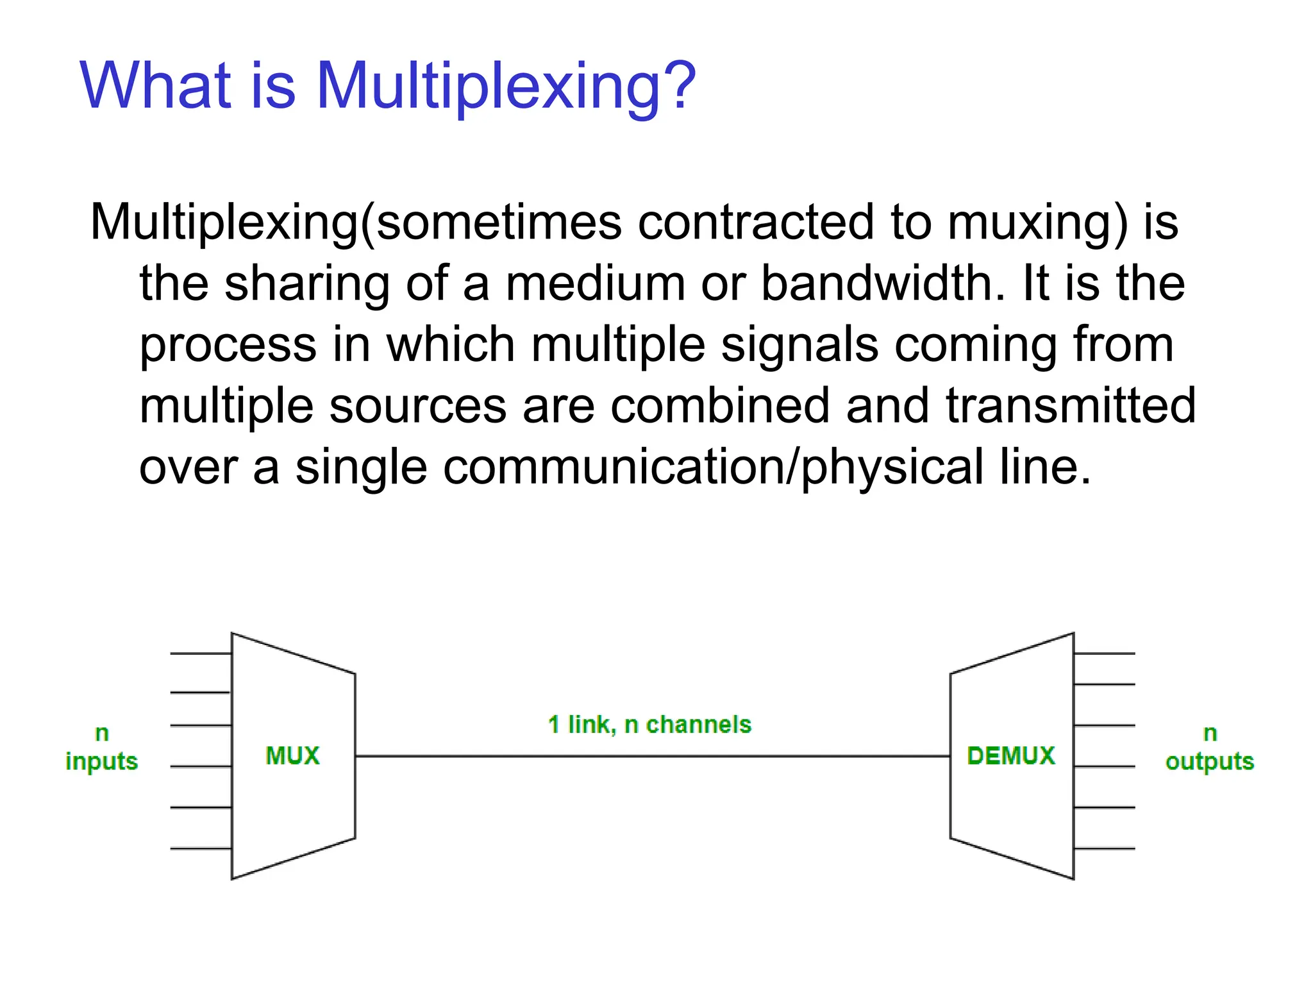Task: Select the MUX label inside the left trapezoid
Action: pyautogui.click(x=292, y=755)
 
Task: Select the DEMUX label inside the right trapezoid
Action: pyautogui.click(x=1011, y=755)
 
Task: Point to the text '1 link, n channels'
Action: pyautogui.click(x=649, y=725)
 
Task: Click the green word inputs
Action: pyautogui.click(x=101, y=762)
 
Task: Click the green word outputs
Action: pyautogui.click(x=1209, y=762)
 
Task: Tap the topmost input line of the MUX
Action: pyautogui.click(x=201, y=653)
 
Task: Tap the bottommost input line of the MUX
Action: pyautogui.click(x=201, y=848)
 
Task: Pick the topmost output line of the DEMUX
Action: pyautogui.click(x=1104, y=653)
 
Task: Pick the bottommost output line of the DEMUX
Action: pyautogui.click(x=1104, y=848)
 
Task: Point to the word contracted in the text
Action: pyautogui.click(x=756, y=223)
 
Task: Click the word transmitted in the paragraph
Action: pyautogui.click(x=1071, y=405)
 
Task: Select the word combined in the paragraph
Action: pyautogui.click(x=720, y=405)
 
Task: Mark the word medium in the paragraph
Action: pyautogui.click(x=596, y=283)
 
